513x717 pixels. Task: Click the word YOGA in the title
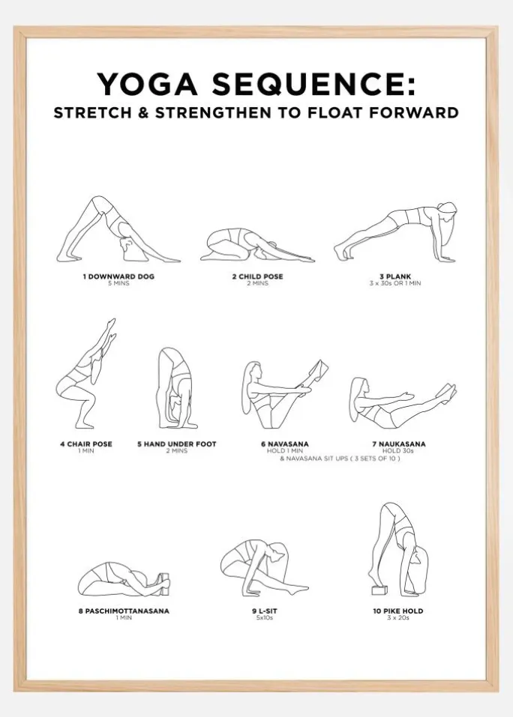147,85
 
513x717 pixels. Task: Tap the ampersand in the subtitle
143,112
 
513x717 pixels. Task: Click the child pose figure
257,245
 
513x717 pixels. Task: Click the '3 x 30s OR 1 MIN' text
395,283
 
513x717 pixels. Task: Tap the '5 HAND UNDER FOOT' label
177,444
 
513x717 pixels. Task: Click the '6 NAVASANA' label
285,444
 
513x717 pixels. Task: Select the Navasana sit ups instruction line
340,459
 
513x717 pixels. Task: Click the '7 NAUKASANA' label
398,444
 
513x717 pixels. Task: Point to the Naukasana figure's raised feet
447,391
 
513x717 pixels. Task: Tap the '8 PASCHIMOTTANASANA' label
124,611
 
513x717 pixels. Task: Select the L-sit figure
264,567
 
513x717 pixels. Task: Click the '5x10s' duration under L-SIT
265,618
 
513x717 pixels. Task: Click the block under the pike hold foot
379,590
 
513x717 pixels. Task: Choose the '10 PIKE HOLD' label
398,611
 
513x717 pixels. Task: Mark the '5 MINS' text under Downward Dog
118,283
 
